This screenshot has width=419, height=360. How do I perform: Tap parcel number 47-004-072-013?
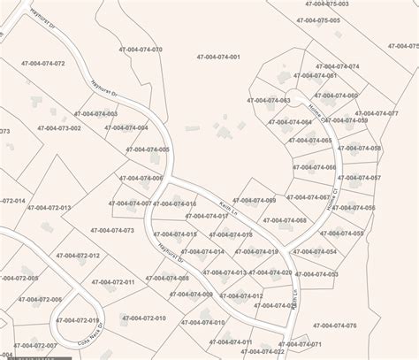pyautogui.click(x=50, y=208)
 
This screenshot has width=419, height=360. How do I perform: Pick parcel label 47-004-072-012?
pyautogui.click(x=70, y=256)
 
